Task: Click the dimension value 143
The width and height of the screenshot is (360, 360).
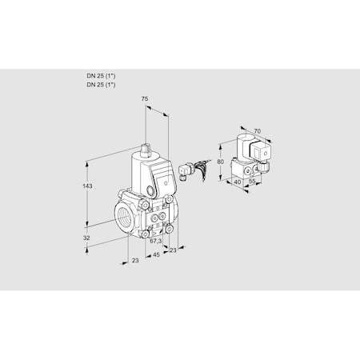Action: point(87,186)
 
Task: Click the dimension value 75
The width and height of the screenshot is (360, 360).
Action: point(145,99)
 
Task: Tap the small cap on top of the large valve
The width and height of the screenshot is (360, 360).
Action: point(147,148)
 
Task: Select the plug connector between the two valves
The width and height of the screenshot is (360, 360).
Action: point(187,170)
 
